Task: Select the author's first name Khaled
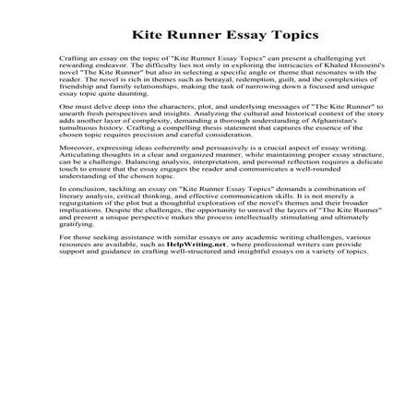click(318, 63)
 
